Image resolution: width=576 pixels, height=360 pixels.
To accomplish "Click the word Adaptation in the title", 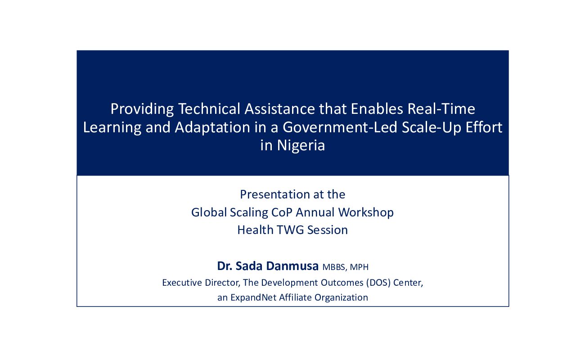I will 212,127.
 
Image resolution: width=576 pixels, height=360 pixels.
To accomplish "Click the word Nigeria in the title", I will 301,146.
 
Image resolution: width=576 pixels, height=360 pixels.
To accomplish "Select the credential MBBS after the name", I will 334,267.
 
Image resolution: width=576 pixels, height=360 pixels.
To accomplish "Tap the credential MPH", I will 359,267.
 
